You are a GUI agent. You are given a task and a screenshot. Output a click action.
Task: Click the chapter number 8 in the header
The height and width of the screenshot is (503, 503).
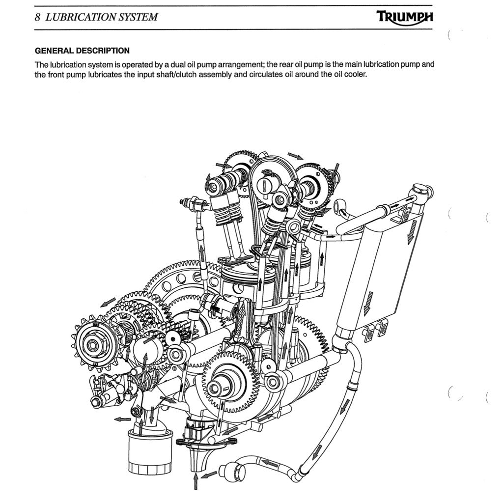pyautogui.click(x=38, y=17)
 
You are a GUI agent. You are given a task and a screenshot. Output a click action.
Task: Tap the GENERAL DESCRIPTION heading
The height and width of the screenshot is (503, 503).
pyautogui.click(x=82, y=51)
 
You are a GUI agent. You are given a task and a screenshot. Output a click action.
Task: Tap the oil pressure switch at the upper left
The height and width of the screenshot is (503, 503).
pyautogui.click(x=192, y=202)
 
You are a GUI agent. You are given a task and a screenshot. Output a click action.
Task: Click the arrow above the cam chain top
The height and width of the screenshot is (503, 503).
pyautogui.click(x=295, y=156)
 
